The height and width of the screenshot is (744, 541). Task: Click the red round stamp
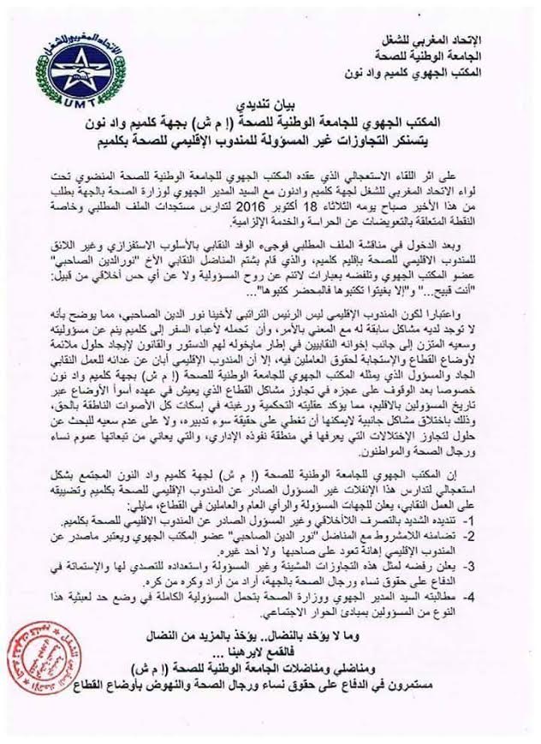(x=31, y=683)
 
